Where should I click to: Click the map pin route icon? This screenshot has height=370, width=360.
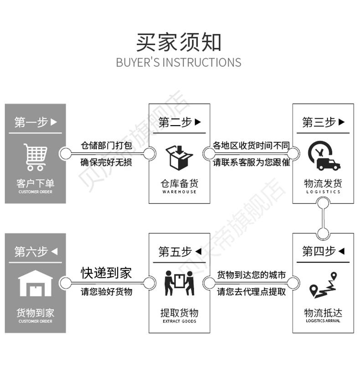pyautogui.click(x=323, y=285)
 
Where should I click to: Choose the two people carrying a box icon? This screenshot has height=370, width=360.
pyautogui.click(x=179, y=283)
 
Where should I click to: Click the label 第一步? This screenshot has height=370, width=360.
pyautogui.click(x=31, y=122)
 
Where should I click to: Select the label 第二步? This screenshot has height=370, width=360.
pyautogui.click(x=175, y=122)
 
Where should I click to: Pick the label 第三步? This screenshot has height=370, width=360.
pyautogui.click(x=319, y=122)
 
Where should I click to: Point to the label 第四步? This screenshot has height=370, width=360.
pyautogui.click(x=319, y=251)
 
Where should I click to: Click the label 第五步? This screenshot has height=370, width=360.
pyautogui.click(x=175, y=251)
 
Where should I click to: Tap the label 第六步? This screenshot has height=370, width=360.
pyautogui.click(x=31, y=251)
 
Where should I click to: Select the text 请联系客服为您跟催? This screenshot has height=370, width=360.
pyautogui.click(x=251, y=162)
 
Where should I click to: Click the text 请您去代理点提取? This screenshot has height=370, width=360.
pyautogui.click(x=251, y=292)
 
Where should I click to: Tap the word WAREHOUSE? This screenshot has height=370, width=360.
pyautogui.click(x=179, y=192)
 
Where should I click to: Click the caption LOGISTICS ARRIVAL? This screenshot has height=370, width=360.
pyautogui.click(x=323, y=321)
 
